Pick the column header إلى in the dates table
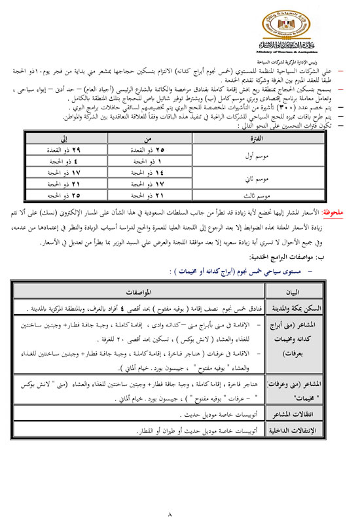[x=63, y=139]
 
